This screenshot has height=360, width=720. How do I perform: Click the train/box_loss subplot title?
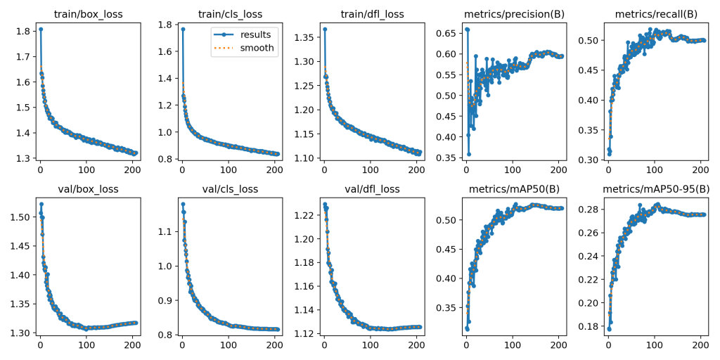(88, 14)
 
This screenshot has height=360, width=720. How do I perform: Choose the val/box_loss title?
(88, 188)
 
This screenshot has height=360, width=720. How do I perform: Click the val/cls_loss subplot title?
(230, 188)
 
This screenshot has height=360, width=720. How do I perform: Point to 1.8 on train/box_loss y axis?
(24, 32)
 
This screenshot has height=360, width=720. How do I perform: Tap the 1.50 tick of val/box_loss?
(22, 217)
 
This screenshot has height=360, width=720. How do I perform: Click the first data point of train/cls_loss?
(183, 29)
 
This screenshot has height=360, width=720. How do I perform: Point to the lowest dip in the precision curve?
(468, 154)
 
